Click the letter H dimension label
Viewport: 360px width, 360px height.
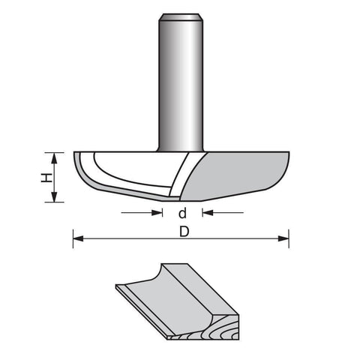coord(46,178)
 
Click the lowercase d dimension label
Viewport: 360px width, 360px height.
coord(183,213)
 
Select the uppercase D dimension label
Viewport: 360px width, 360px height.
coord(184,232)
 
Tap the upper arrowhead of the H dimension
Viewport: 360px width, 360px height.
coord(54,157)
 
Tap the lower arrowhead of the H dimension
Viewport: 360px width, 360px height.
coord(54,196)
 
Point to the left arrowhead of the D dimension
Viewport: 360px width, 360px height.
coord(78,238)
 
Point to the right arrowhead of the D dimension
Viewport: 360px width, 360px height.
coord(283,238)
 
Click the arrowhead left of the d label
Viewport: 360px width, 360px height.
coord(157,213)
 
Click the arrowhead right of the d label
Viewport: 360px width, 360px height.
coord(208,213)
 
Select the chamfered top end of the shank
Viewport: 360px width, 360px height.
coord(181,17)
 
